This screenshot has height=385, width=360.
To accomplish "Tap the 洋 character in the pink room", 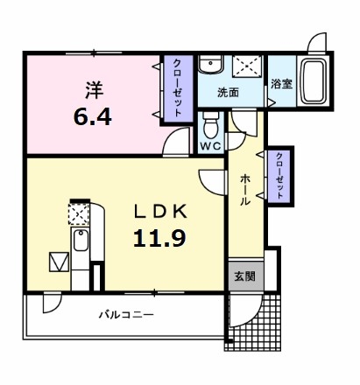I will point(94,87).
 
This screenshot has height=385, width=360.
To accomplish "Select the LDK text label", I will point(159,211).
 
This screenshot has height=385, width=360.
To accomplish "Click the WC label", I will point(210,145).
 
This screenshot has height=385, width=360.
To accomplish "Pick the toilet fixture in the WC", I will point(210,122).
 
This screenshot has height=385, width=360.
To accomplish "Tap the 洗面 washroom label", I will point(229,91).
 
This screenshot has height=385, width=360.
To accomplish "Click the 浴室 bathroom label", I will point(281,85).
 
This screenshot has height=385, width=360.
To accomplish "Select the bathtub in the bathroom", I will point(313,83).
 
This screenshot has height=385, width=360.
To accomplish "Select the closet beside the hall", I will point(280,175).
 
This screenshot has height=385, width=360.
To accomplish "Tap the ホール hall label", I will point(245,187).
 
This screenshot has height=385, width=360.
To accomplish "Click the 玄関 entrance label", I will point(244,276).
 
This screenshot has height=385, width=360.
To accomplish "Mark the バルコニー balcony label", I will point(122,314).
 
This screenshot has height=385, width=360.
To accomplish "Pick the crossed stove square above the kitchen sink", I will point(80,214).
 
